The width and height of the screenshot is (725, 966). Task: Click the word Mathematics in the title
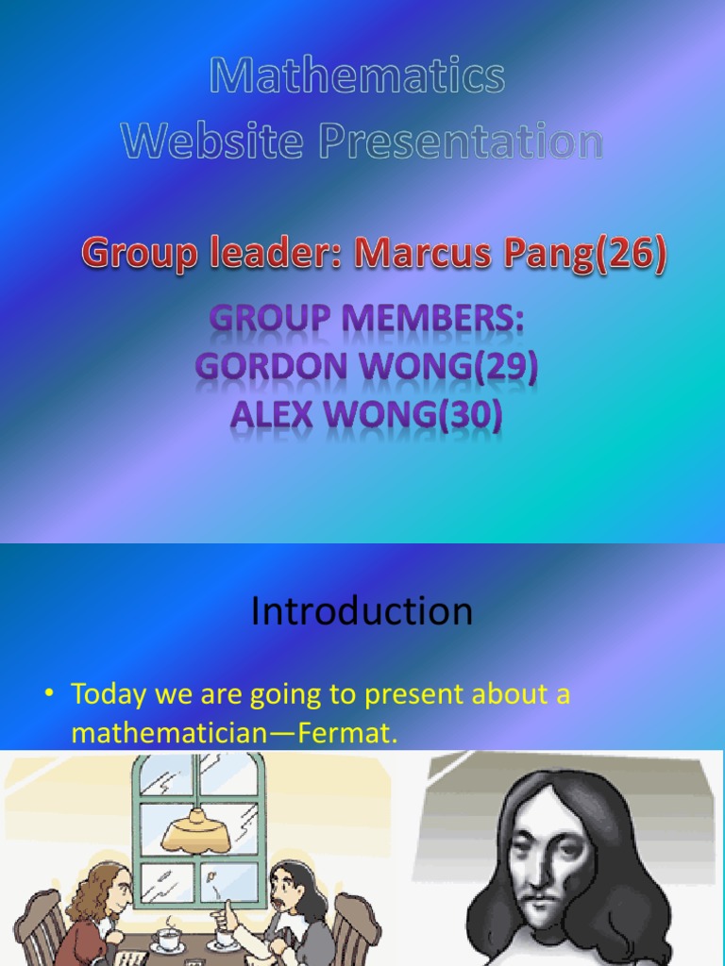pos(357,77)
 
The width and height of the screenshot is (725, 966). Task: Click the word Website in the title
pos(213,142)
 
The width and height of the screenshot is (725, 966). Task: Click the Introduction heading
pos(362,611)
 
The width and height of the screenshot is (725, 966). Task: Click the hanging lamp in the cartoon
pos(196,830)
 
